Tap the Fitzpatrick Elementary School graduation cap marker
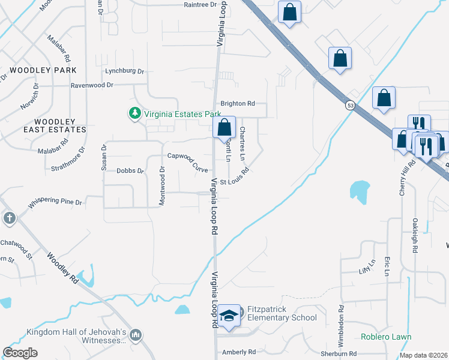click(229, 316)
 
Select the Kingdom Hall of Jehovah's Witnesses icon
click(136, 334)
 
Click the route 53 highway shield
click(349, 105)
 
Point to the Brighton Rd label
click(238, 103)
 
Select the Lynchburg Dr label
click(125, 71)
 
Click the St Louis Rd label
click(234, 181)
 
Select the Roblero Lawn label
click(386, 337)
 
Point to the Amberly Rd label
click(239, 352)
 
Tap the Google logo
click(20, 352)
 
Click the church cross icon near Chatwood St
click(9, 218)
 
